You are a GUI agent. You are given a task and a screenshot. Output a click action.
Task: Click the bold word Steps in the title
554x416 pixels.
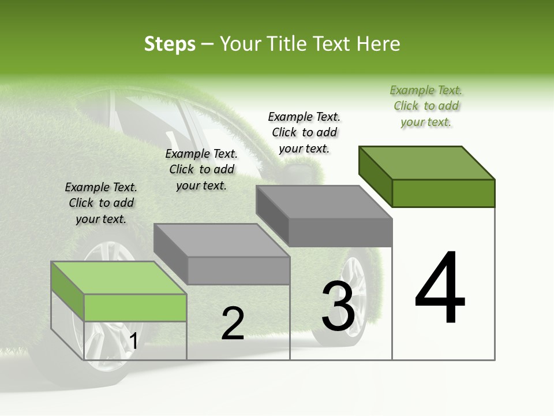click(170, 44)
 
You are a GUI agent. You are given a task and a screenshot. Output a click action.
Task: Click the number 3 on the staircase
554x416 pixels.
click(338, 306)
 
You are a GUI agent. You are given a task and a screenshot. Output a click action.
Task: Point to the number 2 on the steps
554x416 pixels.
click(233, 324)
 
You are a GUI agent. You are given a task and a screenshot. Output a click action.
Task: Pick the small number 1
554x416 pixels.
click(133, 341)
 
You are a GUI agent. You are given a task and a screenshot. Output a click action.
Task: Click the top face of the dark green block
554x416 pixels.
click(426, 162)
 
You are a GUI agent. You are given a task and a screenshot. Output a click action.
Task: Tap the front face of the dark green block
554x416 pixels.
click(443, 193)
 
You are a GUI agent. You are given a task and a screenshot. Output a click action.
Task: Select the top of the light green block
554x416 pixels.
click(119, 278)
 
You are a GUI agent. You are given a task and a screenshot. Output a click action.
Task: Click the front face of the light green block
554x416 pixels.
click(135, 307)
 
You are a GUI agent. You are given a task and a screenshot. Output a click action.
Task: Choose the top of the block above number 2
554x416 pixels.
click(222, 240)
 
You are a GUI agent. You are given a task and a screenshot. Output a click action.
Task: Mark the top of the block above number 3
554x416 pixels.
click(324, 202)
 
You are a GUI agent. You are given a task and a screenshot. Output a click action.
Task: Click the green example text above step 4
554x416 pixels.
click(426, 106)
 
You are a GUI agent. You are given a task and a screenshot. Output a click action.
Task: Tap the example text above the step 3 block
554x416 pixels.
click(304, 132)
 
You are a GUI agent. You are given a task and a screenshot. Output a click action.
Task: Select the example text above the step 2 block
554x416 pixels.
click(201, 169)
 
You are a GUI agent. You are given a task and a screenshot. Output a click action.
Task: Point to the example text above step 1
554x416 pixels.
click(101, 203)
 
